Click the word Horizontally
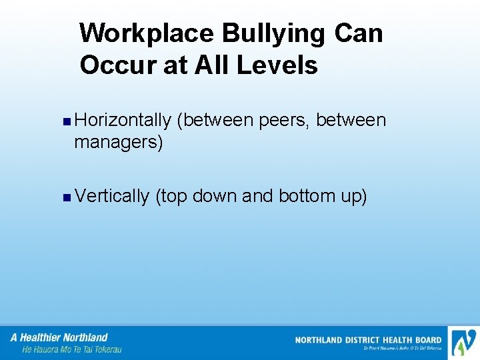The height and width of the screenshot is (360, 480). click(x=123, y=120)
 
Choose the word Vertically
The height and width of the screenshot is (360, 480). click(x=113, y=196)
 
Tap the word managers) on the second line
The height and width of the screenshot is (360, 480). click(x=119, y=142)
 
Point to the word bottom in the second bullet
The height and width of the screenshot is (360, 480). click(x=306, y=196)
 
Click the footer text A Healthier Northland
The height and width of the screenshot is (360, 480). click(x=59, y=337)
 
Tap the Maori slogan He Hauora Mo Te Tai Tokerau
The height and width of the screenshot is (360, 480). click(x=71, y=349)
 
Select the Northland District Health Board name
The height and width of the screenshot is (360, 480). click(x=368, y=340)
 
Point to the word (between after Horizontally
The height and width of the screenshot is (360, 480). click(x=215, y=120)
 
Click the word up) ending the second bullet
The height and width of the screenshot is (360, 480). click(x=354, y=197)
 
